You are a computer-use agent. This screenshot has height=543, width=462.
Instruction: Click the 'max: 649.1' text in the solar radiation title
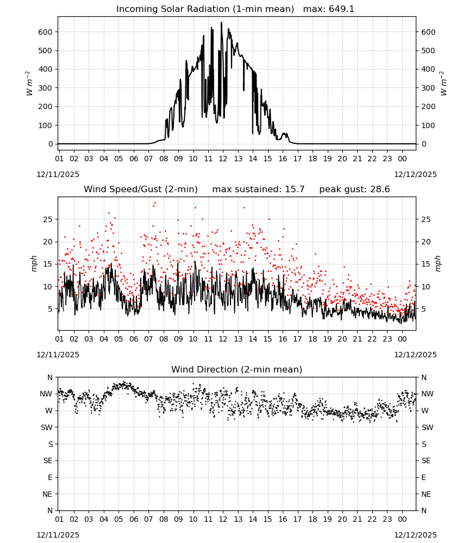tap(329, 9)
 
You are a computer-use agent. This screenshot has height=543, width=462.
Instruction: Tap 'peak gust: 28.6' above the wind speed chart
tap(354, 190)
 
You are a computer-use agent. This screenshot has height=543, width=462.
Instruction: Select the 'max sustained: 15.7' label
tap(258, 190)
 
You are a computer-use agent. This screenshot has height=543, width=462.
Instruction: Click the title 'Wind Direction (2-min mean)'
tap(237, 369)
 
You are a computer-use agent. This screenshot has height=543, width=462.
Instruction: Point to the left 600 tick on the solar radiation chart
tap(46, 32)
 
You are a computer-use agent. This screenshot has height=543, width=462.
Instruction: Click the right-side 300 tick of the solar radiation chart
tap(428, 88)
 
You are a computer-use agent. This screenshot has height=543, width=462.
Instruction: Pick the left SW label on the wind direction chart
tap(46, 427)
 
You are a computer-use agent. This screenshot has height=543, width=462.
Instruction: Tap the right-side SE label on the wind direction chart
tap(426, 460)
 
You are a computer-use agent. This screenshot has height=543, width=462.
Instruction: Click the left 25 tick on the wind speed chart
tap(48, 219)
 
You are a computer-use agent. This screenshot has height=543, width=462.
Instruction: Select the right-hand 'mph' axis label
tap(438, 263)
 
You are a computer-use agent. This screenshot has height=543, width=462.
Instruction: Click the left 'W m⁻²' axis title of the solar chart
tap(29, 84)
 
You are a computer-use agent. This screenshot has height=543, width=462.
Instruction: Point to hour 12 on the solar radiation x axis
tap(223, 159)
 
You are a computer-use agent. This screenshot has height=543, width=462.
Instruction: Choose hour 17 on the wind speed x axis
tap(297, 339)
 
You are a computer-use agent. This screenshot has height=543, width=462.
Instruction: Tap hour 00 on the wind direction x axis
tap(402, 519)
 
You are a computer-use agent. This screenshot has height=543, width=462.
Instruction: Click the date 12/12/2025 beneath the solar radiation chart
tap(415, 174)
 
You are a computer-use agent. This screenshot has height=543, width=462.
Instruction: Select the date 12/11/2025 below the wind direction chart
tap(58, 535)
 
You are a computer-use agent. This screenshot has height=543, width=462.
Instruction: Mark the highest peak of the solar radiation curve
tap(221, 22)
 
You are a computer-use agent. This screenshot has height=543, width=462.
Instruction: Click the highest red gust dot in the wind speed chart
tap(155, 203)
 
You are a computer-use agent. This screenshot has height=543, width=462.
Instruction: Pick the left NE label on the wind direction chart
tap(47, 494)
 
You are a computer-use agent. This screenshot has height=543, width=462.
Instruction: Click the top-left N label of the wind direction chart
tap(50, 377)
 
